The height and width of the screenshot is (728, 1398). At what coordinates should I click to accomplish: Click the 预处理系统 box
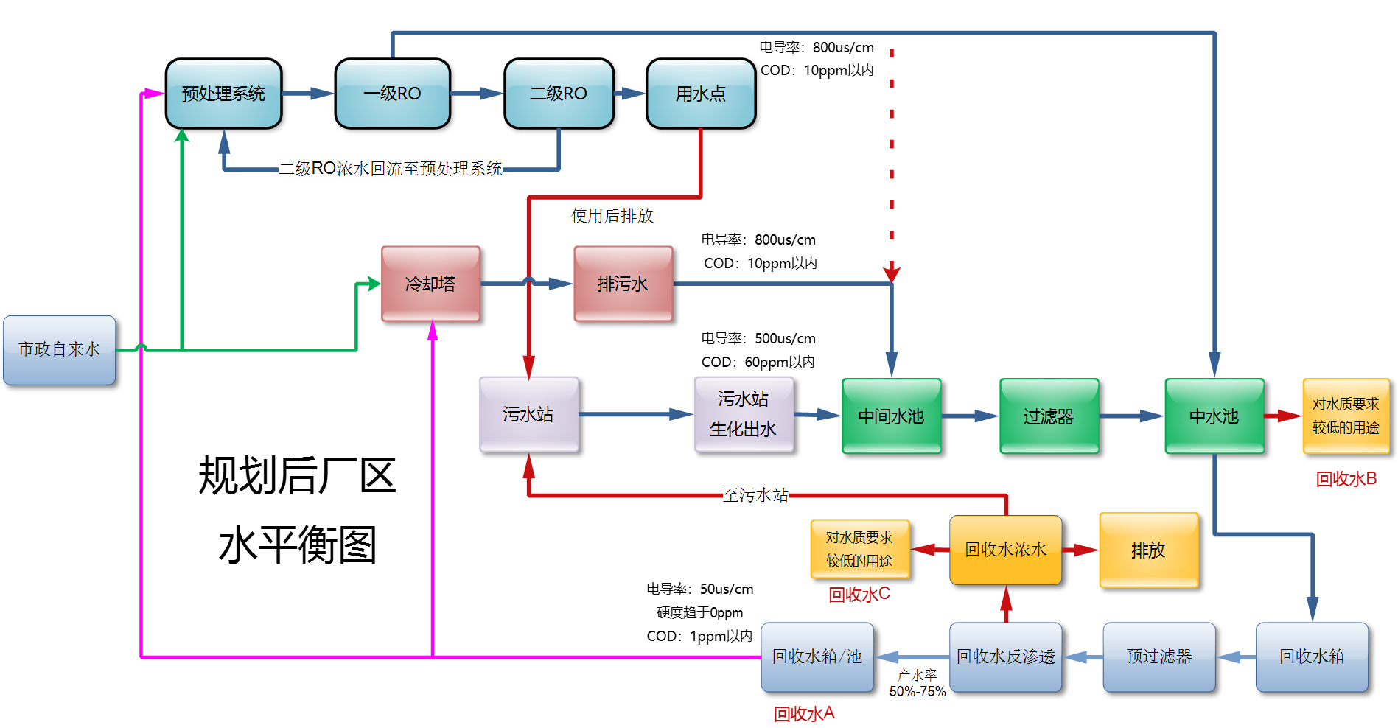click(223, 94)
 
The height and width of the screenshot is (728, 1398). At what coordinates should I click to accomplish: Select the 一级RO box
click(392, 94)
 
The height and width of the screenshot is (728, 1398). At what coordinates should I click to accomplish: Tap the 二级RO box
click(559, 94)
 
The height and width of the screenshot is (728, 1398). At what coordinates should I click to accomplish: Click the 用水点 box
click(700, 94)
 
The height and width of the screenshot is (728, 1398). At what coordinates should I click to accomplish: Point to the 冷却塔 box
click(430, 284)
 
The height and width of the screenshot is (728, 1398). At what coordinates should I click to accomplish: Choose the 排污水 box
click(623, 284)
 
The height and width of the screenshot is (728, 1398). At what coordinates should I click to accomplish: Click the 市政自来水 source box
click(59, 350)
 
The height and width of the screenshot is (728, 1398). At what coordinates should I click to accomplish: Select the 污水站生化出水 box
click(743, 414)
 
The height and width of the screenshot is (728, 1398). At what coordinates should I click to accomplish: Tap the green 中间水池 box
click(891, 416)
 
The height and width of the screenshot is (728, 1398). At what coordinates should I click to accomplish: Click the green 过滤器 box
click(1049, 416)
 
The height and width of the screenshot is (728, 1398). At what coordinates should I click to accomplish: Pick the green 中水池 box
click(1214, 416)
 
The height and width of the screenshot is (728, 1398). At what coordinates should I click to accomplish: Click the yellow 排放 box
click(1148, 550)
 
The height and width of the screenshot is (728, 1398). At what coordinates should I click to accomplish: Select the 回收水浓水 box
click(1005, 550)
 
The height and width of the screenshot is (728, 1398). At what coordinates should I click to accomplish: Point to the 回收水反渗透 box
click(1005, 657)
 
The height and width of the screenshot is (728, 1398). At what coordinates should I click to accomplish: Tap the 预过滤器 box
click(1158, 657)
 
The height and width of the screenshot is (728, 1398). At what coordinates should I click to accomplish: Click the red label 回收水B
click(1346, 479)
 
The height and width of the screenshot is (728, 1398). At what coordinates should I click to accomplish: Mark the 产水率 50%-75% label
click(918, 683)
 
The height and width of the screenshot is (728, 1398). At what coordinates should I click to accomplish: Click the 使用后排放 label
click(612, 216)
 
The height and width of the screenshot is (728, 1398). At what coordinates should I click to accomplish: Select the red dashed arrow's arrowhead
click(892, 273)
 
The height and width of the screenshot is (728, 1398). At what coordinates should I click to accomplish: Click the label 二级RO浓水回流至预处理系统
click(390, 169)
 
